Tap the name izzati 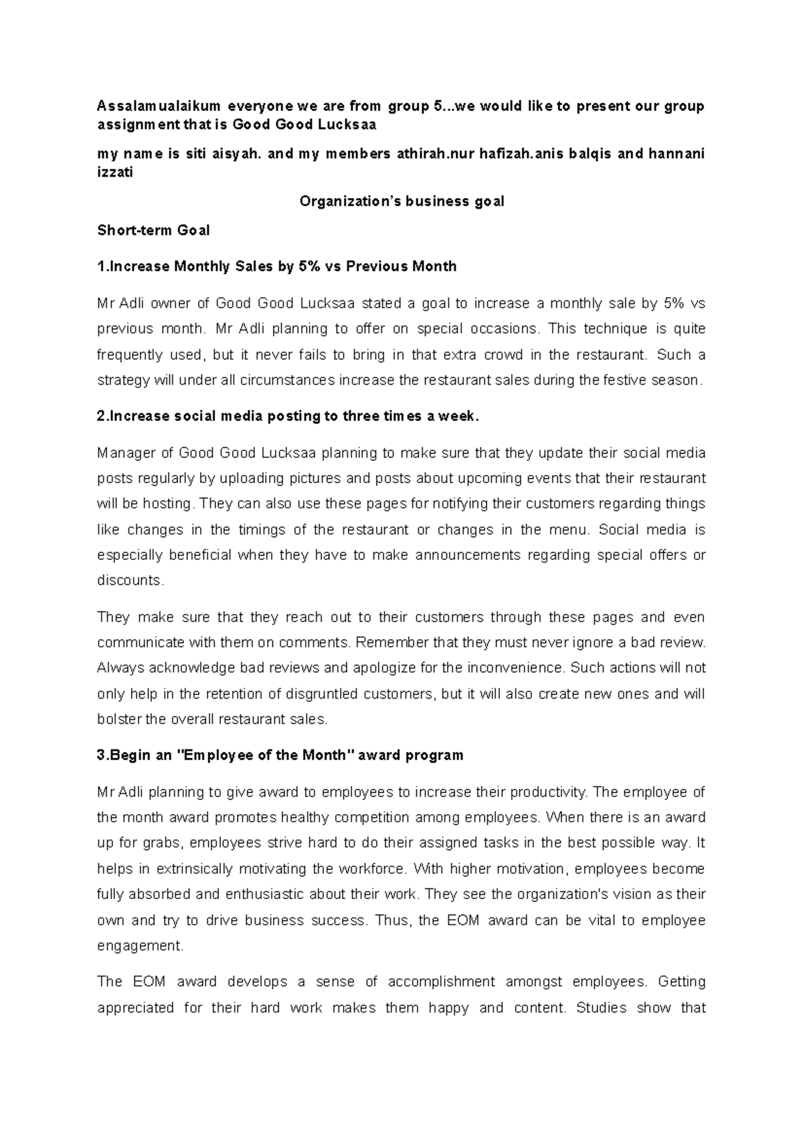click(115, 173)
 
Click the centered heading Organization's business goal click(401, 201)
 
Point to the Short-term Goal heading click(153, 231)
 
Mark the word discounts click(130, 581)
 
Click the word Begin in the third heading click(132, 756)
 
